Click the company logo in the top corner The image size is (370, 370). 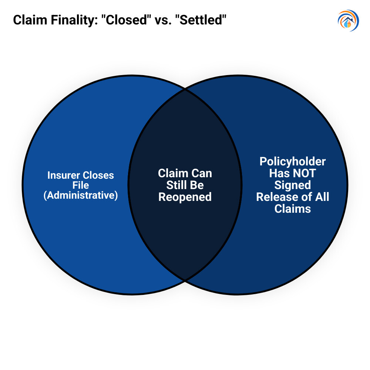point(348,21)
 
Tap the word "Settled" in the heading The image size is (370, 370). point(201,20)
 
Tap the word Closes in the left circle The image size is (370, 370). point(98,175)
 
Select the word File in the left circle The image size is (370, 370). point(81,185)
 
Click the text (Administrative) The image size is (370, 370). point(81,195)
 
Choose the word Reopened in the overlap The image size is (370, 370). point(185,197)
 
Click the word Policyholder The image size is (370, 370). point(292,162)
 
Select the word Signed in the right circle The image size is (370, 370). point(292,185)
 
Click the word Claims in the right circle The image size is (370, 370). point(292,209)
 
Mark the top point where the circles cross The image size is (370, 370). point(185,89)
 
